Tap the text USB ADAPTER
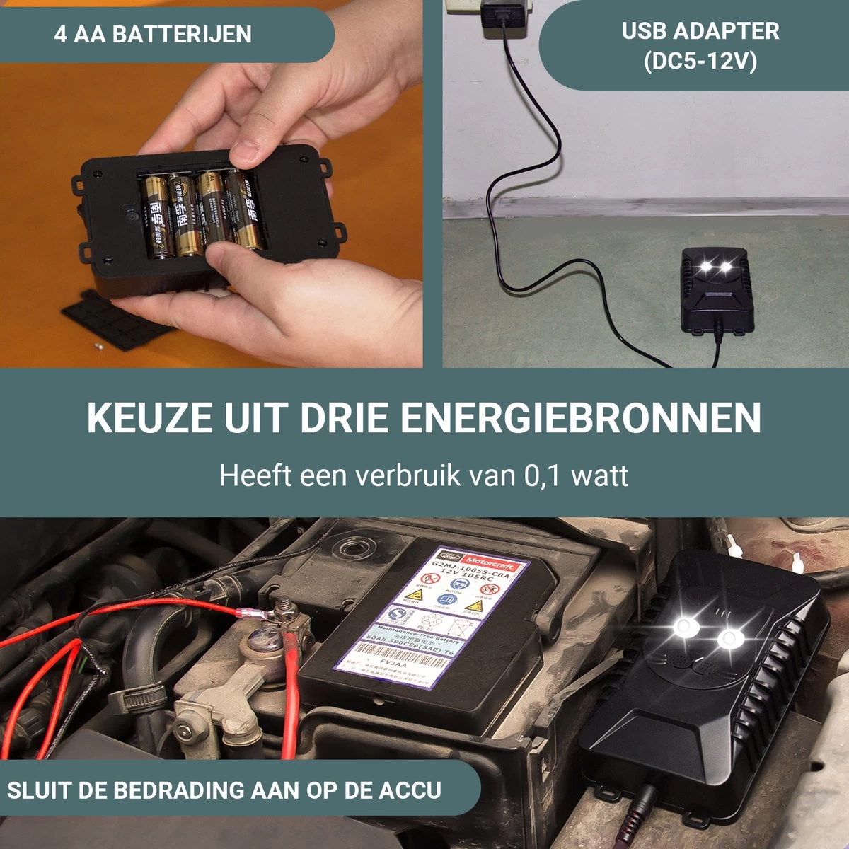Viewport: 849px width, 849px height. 700,31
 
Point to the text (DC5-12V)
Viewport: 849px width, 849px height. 700,62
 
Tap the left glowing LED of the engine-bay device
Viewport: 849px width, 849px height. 683,625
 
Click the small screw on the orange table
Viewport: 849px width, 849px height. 99,346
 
